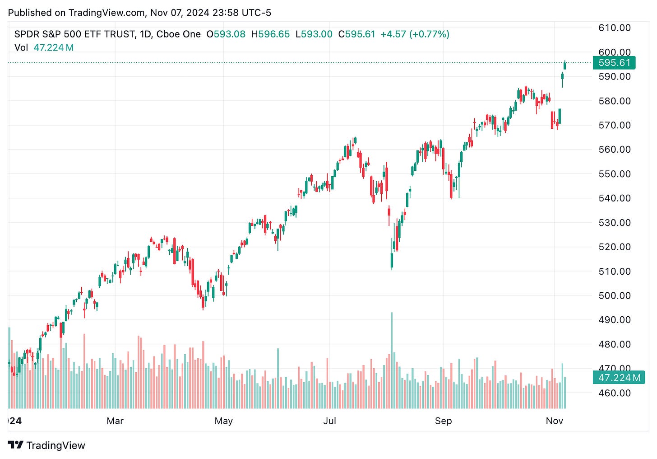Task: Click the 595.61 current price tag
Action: coord(614,63)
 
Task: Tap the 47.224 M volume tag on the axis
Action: coord(619,378)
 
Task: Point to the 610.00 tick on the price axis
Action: coord(614,28)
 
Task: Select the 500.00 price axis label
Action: coord(614,295)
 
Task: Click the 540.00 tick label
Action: coord(614,198)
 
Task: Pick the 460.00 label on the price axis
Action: coord(614,393)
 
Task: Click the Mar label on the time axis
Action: coord(115,421)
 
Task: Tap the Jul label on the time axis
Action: coord(329,421)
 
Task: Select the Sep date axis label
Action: coord(443,421)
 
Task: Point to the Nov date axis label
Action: coord(554,421)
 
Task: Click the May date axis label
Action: coord(223,421)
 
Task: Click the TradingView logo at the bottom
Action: coord(46,445)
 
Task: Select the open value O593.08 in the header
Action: coord(226,34)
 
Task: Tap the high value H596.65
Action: coord(270,34)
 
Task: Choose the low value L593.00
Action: coord(314,34)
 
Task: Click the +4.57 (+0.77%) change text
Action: coord(415,34)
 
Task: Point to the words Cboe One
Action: coord(178,34)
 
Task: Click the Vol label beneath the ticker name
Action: coord(21,47)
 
